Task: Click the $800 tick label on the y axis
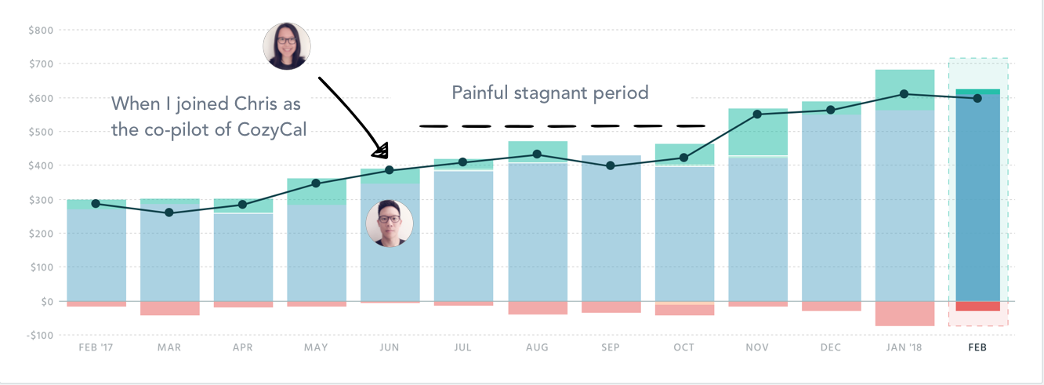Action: point(42,30)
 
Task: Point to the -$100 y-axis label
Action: point(40,335)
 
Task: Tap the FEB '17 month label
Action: point(96,347)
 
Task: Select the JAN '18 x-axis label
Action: point(904,347)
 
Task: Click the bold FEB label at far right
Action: point(977,347)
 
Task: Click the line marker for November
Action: point(757,114)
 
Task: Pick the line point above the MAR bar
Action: point(169,212)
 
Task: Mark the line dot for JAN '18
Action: point(904,94)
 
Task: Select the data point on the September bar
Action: point(611,165)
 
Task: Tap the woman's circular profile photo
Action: point(286,45)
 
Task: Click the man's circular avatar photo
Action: point(389,223)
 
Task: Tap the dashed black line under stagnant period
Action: point(562,125)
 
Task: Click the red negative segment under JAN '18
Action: point(904,314)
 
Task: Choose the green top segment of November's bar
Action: point(757,132)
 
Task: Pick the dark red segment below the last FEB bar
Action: point(977,306)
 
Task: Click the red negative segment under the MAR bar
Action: point(169,308)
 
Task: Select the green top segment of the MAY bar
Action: point(317,191)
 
